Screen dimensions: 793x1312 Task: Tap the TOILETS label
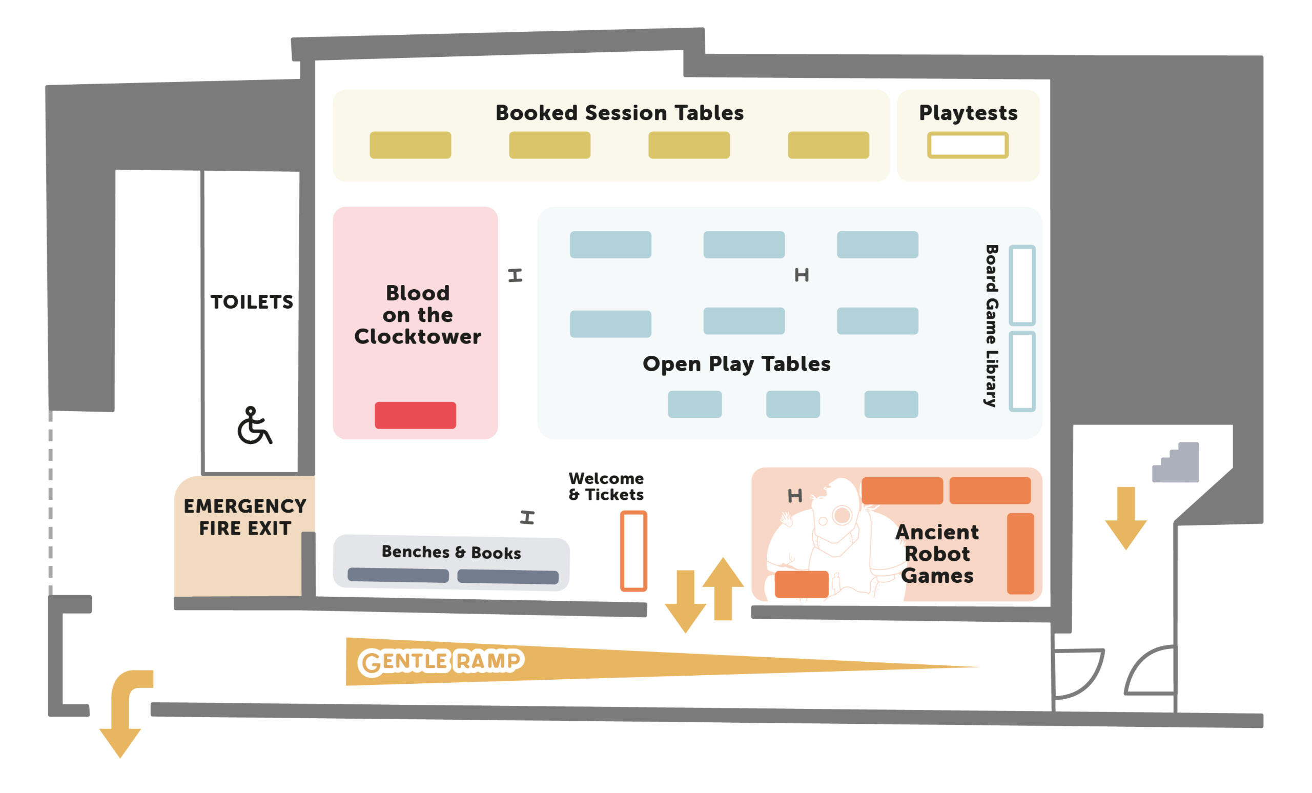click(252, 302)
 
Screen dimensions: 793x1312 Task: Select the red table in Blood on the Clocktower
click(415, 415)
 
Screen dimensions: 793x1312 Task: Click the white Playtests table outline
click(968, 145)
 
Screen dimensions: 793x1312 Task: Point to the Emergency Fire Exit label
click(245, 517)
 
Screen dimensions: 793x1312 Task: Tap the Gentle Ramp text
click(441, 661)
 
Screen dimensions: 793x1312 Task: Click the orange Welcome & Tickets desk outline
click(633, 551)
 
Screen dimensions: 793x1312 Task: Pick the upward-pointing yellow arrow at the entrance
click(723, 588)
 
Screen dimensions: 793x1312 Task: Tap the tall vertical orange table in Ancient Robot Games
click(1020, 553)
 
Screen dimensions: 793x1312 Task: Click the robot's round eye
click(843, 515)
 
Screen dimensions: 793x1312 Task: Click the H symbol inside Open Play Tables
click(802, 275)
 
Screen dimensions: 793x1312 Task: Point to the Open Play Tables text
click(736, 364)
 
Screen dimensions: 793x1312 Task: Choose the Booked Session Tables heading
click(619, 113)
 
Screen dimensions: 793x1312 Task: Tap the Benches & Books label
click(451, 552)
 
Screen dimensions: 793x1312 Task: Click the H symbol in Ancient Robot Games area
click(794, 496)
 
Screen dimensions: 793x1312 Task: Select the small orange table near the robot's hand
click(802, 584)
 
